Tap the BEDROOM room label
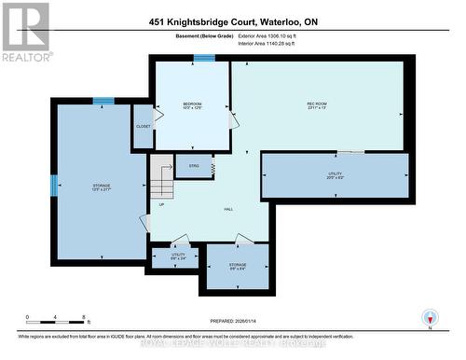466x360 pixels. tap(192, 104)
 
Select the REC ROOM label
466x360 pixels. tap(317, 104)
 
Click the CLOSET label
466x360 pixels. tap(144, 126)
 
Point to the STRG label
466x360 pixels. tap(194, 166)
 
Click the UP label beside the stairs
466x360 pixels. tap(161, 204)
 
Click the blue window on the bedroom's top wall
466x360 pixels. tap(203, 59)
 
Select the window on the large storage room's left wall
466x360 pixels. tap(53, 184)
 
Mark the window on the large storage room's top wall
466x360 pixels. tap(103, 101)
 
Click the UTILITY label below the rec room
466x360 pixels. tap(335, 174)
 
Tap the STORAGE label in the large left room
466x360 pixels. tap(102, 187)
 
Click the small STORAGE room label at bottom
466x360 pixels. tap(237, 266)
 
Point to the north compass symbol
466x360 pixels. tap(429, 317)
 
